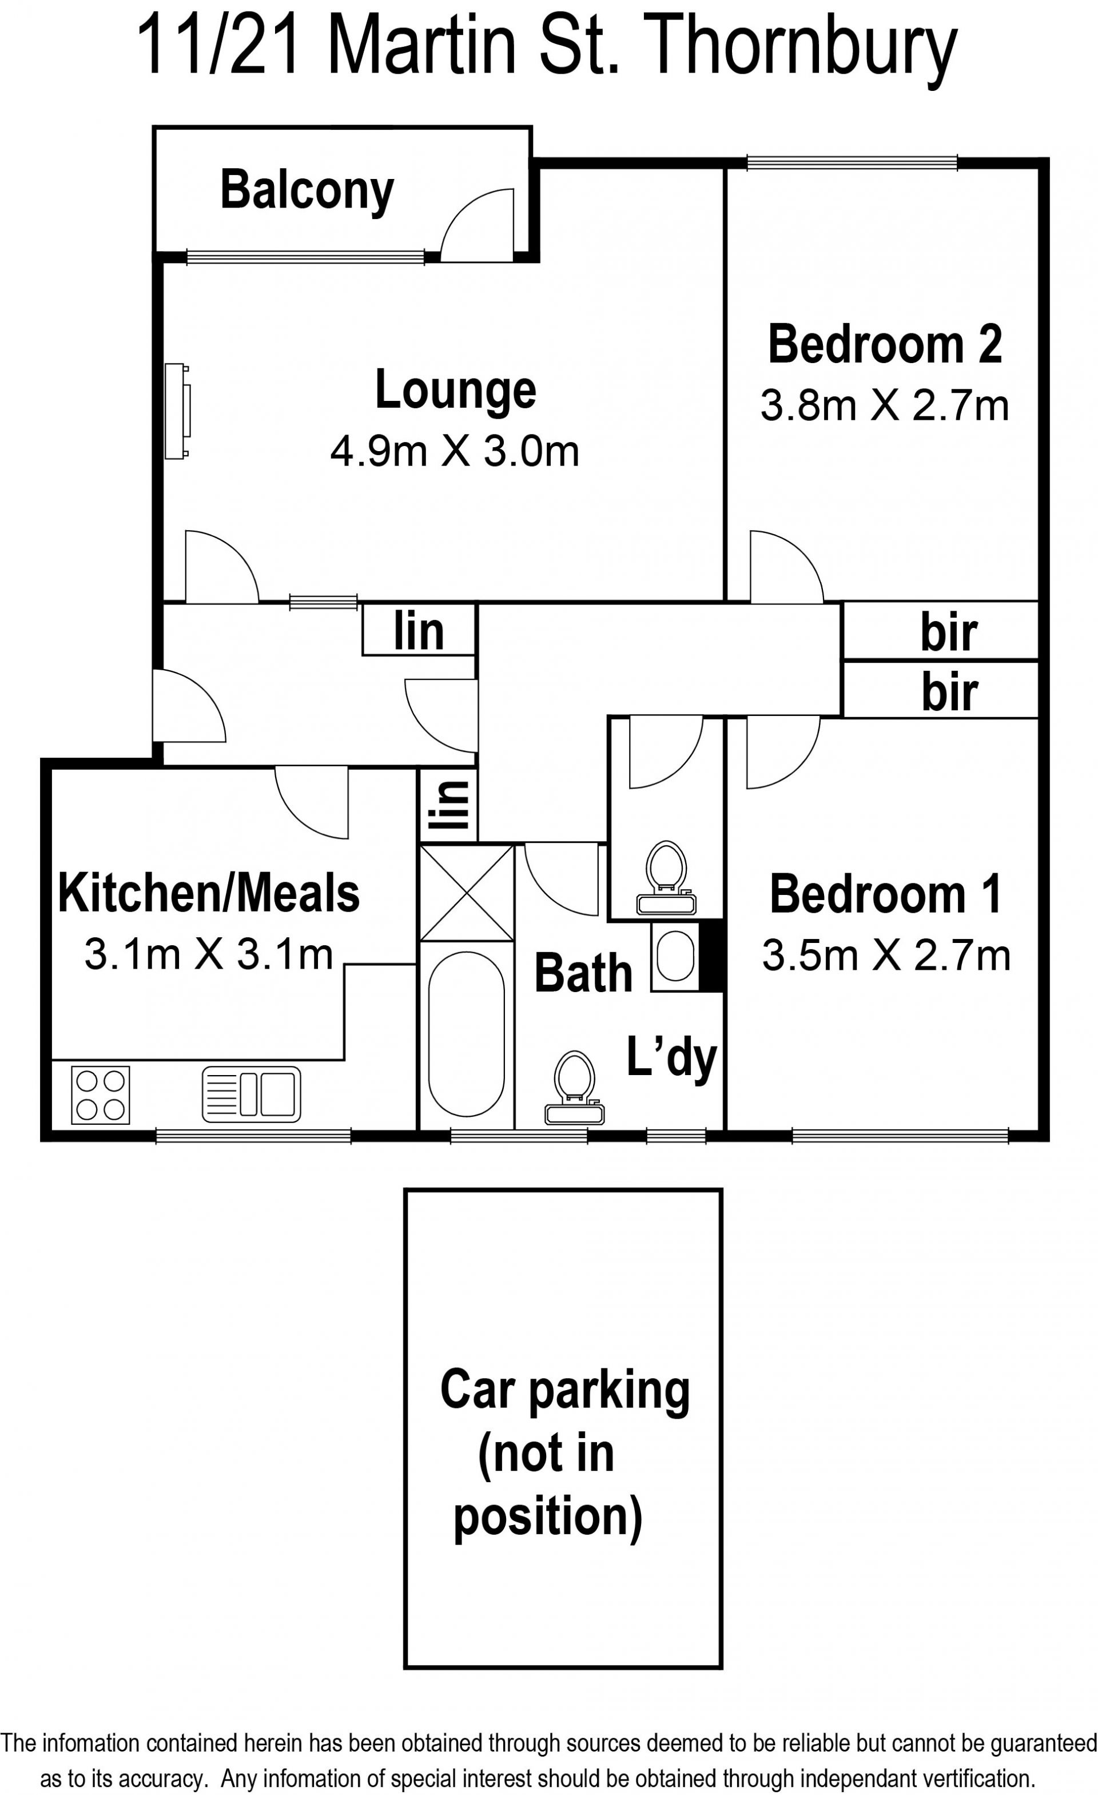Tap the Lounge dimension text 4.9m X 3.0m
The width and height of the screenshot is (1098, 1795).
[x=455, y=451]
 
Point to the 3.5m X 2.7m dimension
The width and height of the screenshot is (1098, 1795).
[x=886, y=955]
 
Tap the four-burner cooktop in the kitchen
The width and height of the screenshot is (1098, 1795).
[x=101, y=1095]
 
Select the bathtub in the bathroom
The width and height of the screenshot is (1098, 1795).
[x=466, y=1034]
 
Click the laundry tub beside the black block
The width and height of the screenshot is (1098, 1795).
[x=675, y=955]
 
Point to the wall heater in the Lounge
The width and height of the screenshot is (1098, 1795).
[x=178, y=411]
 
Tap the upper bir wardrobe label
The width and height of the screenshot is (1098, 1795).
[x=948, y=632]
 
